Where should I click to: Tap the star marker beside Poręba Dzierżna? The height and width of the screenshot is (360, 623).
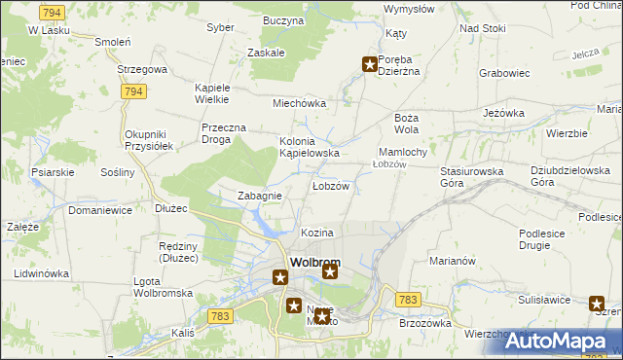(370, 65)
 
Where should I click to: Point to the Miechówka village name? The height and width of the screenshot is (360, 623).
(299, 103)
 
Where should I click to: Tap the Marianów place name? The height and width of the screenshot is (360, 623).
(452, 261)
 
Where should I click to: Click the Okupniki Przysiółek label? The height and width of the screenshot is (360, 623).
(149, 139)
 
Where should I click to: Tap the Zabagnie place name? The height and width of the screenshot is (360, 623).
(260, 196)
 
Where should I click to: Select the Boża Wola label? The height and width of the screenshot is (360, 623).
(406, 123)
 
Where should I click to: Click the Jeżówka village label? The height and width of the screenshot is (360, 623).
(504, 113)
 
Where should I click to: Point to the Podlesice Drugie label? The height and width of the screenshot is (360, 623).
(550, 239)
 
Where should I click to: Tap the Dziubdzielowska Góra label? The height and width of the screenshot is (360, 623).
(557, 176)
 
